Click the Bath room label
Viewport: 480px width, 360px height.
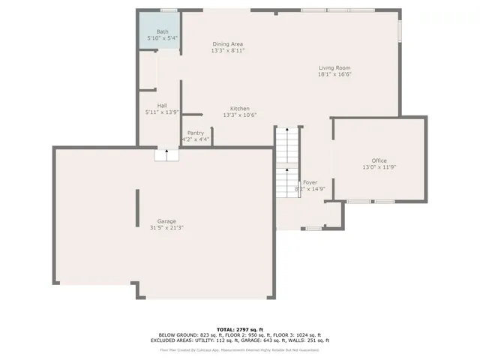pyautogui.click(x=163, y=31)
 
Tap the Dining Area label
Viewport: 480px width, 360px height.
pyautogui.click(x=228, y=44)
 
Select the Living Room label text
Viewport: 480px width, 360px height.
pyautogui.click(x=334, y=67)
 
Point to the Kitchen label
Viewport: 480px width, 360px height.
pyautogui.click(x=239, y=109)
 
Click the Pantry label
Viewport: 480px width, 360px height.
pyautogui.click(x=196, y=133)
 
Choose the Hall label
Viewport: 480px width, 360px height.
pyautogui.click(x=162, y=106)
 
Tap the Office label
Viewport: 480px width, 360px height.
pyautogui.click(x=379, y=161)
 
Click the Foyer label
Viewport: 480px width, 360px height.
pyautogui.click(x=310, y=182)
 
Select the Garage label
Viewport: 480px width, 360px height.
pyautogui.click(x=166, y=221)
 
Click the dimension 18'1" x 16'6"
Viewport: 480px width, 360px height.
pyautogui.click(x=334, y=74)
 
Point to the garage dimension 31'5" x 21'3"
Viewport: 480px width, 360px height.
pyautogui.click(x=166, y=228)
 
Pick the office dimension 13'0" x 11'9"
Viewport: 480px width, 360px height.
pyautogui.click(x=379, y=168)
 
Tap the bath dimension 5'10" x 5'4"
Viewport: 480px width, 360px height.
pyautogui.click(x=163, y=37)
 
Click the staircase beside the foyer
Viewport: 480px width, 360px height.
pyautogui.click(x=286, y=161)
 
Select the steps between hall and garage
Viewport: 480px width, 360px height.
pyautogui.click(x=167, y=155)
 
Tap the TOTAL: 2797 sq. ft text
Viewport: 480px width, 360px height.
pyautogui.click(x=239, y=329)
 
